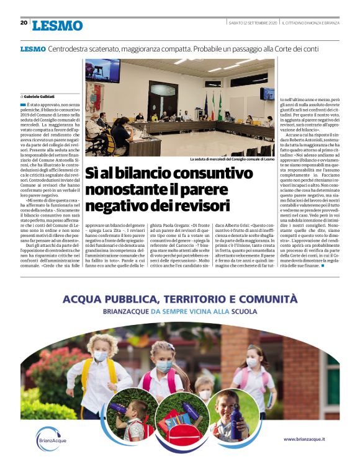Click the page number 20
[24, 23]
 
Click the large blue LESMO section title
[56, 25]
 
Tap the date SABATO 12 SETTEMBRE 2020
[253, 23]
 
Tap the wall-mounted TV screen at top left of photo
[102, 71]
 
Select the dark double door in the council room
[163, 97]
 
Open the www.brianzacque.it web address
[308, 439]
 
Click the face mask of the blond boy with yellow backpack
[101, 356]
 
